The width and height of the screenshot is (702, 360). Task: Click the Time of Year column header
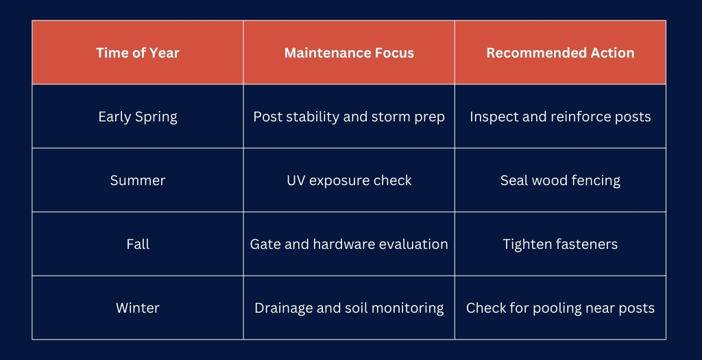[138, 53]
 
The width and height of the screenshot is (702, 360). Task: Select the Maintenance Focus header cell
[349, 53]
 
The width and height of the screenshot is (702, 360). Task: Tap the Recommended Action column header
[560, 53]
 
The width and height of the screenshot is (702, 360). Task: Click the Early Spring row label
[138, 117]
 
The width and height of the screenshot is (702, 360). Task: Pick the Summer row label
[138, 180]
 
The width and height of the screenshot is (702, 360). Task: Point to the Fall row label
[138, 244]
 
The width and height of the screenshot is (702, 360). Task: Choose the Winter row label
[138, 308]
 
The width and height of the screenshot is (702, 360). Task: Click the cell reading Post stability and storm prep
[349, 117]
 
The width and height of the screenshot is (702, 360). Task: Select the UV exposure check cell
[349, 180]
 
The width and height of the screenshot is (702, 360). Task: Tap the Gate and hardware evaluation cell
[349, 244]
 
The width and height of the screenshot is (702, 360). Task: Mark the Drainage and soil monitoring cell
[349, 308]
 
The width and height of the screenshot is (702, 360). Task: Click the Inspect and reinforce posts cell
[560, 117]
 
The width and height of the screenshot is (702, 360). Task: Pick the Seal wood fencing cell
[560, 180]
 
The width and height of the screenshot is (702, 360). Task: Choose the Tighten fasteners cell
[560, 244]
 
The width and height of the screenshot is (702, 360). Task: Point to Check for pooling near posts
[560, 308]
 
